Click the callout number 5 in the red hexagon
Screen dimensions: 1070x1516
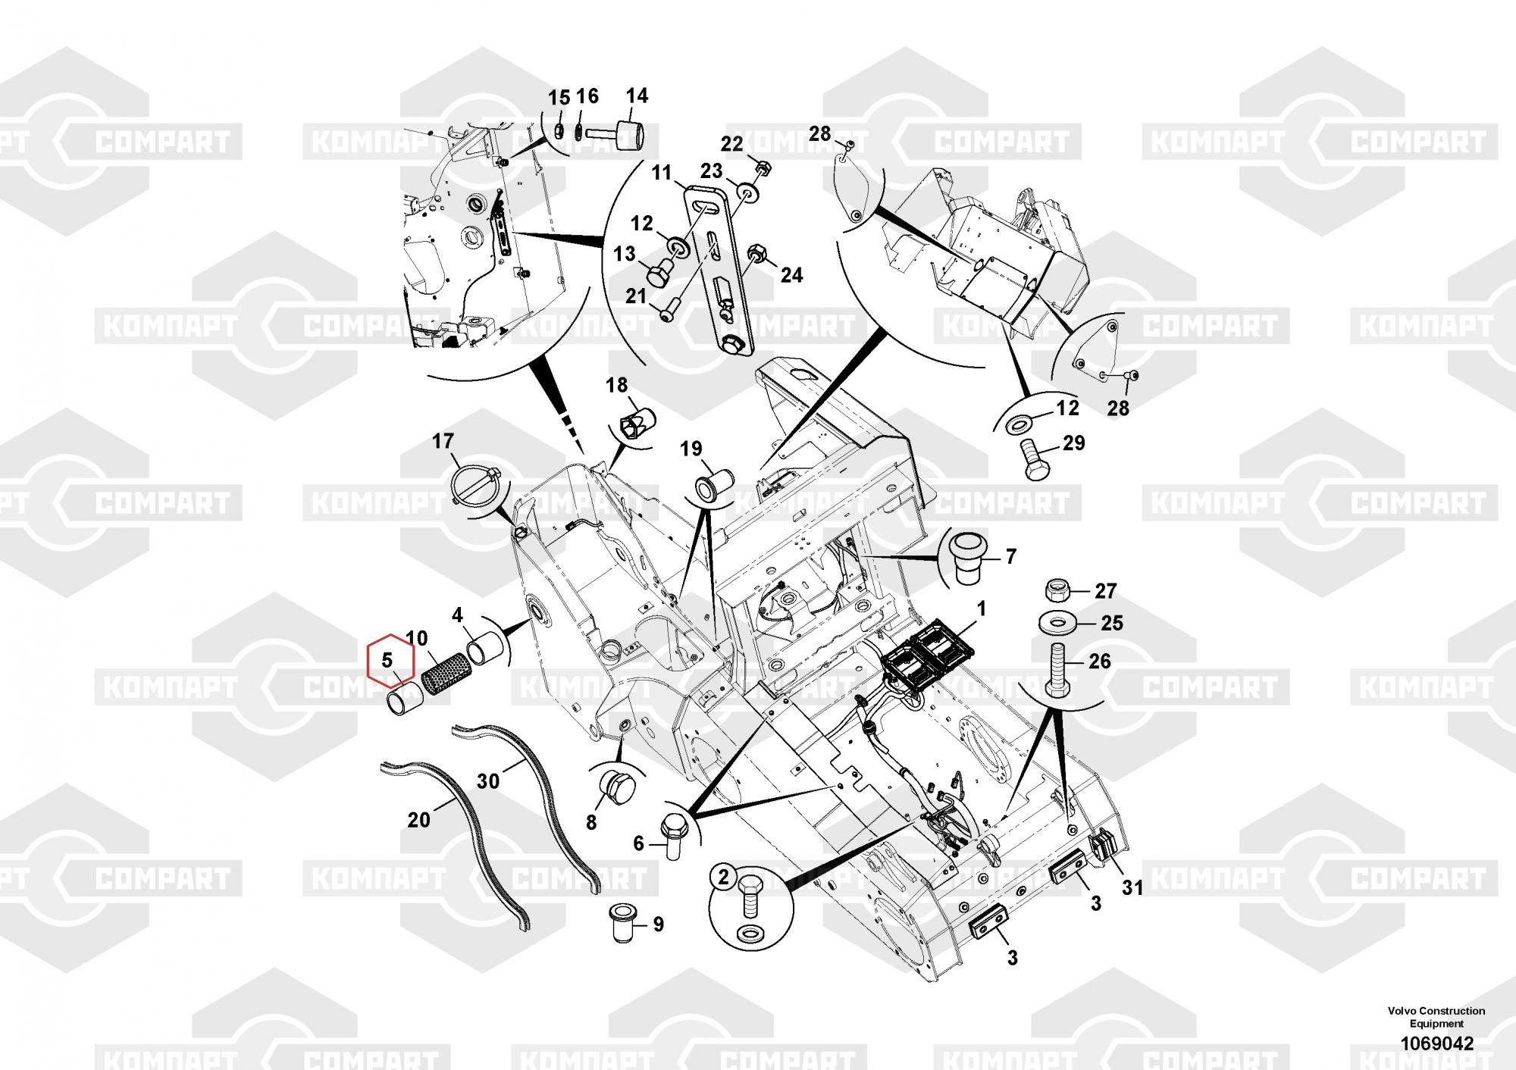(x=387, y=660)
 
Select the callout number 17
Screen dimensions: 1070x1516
(x=443, y=440)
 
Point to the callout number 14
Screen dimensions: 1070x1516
(x=637, y=95)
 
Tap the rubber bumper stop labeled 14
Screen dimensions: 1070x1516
(x=626, y=136)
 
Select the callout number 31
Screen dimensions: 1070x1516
(x=1132, y=886)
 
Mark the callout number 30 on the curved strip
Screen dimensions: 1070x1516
(x=488, y=779)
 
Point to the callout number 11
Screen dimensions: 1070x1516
(x=662, y=173)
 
